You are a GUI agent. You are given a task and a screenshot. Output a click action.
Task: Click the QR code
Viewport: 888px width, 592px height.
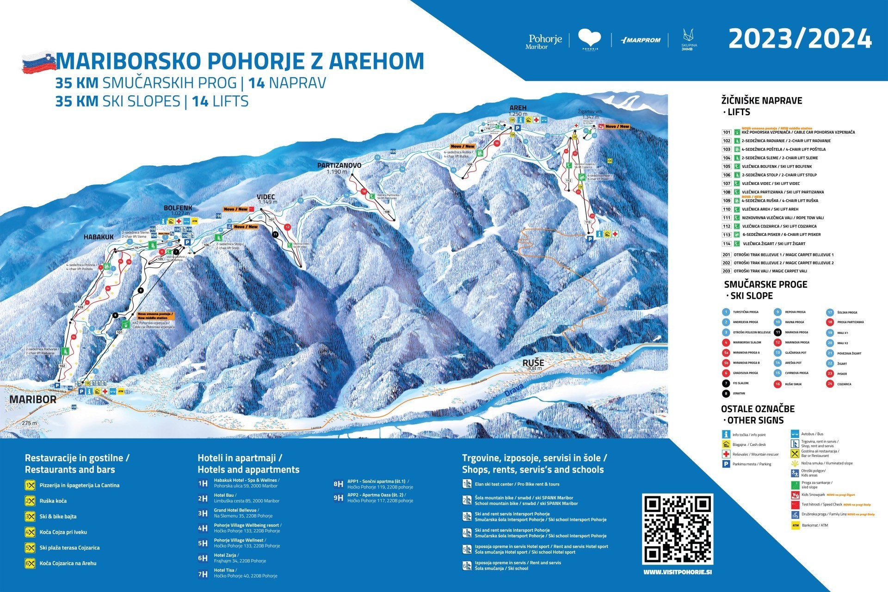(677, 529)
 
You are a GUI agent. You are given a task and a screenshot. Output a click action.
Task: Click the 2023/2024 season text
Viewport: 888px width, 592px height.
(800, 39)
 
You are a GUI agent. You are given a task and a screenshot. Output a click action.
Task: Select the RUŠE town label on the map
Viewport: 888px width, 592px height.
(533, 363)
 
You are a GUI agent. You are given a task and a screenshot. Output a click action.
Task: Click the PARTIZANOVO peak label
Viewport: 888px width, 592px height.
(339, 165)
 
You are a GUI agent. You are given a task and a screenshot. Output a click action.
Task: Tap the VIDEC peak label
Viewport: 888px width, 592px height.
(266, 197)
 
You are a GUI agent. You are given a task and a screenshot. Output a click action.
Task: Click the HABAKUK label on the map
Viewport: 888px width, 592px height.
(99, 237)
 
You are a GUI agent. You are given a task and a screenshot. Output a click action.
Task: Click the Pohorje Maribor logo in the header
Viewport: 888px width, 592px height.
(544, 41)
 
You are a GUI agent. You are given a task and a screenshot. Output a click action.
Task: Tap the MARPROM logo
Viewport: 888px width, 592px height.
(641, 40)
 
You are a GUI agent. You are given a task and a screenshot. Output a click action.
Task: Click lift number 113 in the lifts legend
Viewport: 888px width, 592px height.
(727, 234)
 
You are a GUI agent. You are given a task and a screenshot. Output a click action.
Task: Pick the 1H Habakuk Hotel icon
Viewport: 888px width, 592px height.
(203, 484)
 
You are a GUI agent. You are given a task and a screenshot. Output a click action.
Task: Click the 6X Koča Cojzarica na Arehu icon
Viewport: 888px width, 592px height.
(30, 563)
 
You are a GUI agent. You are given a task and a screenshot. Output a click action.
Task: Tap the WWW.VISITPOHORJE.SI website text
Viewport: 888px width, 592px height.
(678, 572)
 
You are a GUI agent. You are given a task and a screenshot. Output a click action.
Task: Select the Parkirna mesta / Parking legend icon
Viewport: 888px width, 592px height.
(726, 464)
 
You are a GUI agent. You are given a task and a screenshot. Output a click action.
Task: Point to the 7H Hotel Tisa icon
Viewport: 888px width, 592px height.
(203, 574)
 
